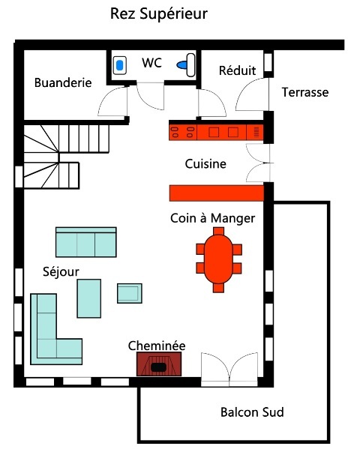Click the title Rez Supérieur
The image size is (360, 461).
click(x=158, y=14)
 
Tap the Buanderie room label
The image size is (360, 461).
click(x=63, y=82)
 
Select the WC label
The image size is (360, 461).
click(x=152, y=63)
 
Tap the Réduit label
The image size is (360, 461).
click(x=237, y=70)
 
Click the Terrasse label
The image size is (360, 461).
click(x=304, y=92)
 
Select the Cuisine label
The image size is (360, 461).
click(x=205, y=163)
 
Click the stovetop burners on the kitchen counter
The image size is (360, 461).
click(x=180, y=133)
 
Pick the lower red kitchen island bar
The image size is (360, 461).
click(x=216, y=193)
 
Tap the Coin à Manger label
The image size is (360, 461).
click(x=212, y=218)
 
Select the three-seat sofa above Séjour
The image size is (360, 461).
click(x=85, y=242)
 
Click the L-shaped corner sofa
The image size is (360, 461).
click(x=49, y=330)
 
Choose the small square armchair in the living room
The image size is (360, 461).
click(x=129, y=292)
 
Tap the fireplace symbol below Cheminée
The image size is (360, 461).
click(x=158, y=365)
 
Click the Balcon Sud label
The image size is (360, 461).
click(x=251, y=412)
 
